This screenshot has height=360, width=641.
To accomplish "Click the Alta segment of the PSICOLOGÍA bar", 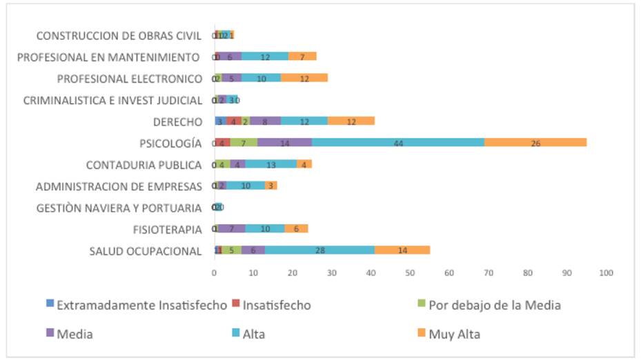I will coord(398,143).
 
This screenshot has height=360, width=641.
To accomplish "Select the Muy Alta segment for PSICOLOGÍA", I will coord(535,143).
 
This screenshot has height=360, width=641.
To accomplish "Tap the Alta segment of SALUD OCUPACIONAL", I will coord(319,250).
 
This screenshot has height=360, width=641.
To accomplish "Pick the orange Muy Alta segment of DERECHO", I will coord(351,121).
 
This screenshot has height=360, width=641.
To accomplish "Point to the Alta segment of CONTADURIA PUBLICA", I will coord(271,164).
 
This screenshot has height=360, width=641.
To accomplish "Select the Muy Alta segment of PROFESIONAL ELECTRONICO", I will coord(304,78).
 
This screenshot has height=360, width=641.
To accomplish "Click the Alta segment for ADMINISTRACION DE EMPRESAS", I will coord(246,186).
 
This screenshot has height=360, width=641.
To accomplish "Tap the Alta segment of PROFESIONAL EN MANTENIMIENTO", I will coord(265,57).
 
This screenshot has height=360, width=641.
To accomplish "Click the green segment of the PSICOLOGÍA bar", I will coord(244,143).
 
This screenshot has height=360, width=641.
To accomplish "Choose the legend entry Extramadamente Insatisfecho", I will coord(141,305).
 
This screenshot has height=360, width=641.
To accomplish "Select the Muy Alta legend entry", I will coord(454,334).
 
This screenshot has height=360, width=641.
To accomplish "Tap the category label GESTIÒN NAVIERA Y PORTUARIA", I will coord(119,208).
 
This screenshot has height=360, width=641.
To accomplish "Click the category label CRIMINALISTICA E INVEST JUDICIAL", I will coord(113,100).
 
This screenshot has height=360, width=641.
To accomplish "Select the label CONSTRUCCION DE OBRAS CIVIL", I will coord(119,35).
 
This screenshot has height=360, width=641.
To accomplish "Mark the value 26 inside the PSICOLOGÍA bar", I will coord(535,143).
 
